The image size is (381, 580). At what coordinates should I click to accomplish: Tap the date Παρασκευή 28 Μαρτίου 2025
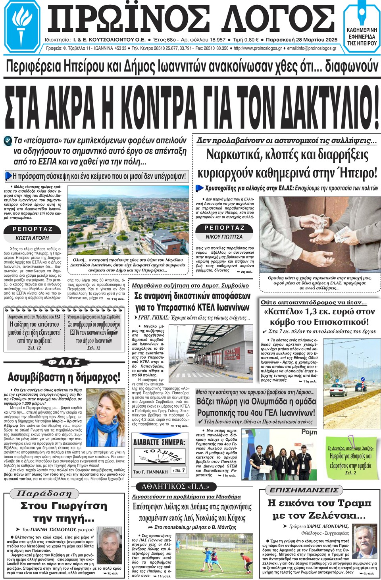tap(302, 40)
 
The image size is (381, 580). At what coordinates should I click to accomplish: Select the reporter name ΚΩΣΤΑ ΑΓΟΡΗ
tap(32, 238)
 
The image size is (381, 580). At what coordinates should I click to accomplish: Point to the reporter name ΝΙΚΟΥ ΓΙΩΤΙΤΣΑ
tap(224, 237)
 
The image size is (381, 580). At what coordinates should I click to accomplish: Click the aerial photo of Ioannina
tap(128, 222)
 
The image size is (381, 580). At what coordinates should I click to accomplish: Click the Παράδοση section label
tap(44, 494)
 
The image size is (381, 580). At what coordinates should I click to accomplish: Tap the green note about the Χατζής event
tap(349, 457)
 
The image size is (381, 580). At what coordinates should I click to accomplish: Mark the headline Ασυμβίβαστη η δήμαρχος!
tap(63, 377)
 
